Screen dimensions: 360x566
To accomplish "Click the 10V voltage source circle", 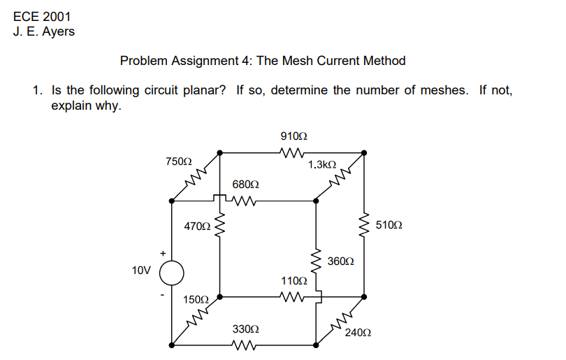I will click(172, 272).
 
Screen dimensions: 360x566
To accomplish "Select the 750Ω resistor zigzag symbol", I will click(196, 178).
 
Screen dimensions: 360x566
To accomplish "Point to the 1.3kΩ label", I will click(321, 165).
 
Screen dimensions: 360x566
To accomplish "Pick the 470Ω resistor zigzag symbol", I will click(220, 225).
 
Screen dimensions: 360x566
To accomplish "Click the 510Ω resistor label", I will click(389, 225).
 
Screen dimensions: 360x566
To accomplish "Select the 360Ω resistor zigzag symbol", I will click(316, 261).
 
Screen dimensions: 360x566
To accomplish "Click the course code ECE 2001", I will click(42, 17).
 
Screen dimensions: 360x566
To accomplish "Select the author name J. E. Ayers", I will click(43, 31).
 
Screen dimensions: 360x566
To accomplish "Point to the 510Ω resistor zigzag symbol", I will click(363, 225).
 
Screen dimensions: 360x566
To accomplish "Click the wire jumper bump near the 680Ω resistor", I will click(221, 199).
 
